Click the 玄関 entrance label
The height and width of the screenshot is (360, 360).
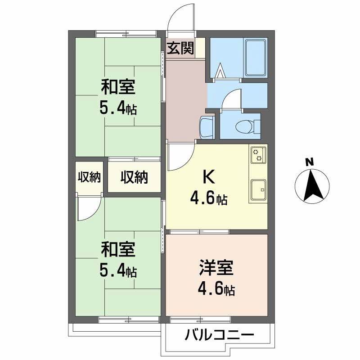click(x=181, y=49)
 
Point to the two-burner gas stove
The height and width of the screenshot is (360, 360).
click(x=259, y=155)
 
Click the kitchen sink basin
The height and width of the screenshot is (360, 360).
click(x=258, y=189)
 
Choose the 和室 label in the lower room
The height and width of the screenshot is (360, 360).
click(x=118, y=248)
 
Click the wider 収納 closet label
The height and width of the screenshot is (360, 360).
click(x=134, y=178)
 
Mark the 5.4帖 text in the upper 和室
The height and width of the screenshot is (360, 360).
click(x=118, y=108)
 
